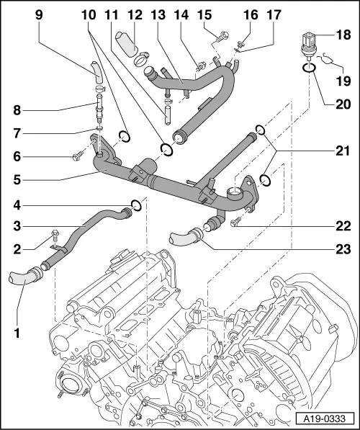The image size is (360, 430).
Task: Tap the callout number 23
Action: click(x=343, y=249)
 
